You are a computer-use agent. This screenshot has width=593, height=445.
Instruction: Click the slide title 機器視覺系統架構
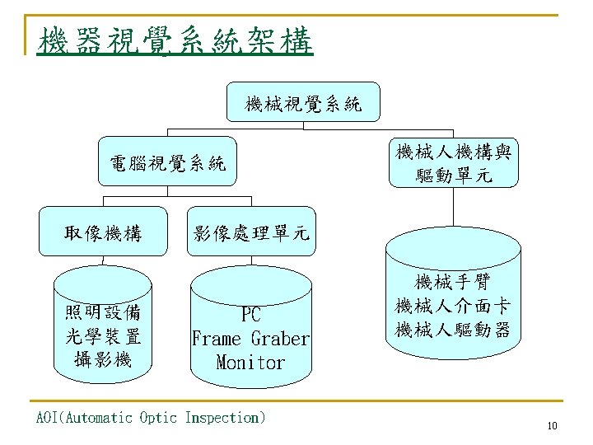tap(175, 40)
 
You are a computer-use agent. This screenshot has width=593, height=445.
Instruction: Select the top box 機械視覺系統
tap(303, 104)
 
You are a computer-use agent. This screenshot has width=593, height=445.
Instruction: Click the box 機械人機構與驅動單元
tap(455, 163)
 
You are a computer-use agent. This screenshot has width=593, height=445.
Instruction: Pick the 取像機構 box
tap(103, 234)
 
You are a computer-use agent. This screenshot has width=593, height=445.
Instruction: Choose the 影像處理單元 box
tap(250, 234)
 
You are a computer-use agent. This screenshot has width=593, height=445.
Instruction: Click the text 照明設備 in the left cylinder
tap(103, 312)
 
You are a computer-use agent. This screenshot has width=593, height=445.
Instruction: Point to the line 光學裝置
tap(103, 336)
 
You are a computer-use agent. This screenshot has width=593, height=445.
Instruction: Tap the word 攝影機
tap(103, 359)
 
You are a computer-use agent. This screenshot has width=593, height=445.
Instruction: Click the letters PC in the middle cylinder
tap(250, 314)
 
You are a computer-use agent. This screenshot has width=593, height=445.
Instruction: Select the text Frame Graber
tap(250, 339)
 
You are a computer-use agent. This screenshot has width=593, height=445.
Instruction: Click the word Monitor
tap(250, 363)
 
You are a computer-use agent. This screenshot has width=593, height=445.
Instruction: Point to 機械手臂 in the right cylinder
tap(453, 283)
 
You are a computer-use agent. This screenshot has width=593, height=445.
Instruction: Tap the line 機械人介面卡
tap(453, 307)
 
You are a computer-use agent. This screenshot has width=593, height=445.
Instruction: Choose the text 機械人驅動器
tap(453, 330)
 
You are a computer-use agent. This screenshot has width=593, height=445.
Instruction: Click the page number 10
tap(552, 426)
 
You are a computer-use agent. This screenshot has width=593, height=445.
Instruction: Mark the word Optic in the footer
tap(157, 418)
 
